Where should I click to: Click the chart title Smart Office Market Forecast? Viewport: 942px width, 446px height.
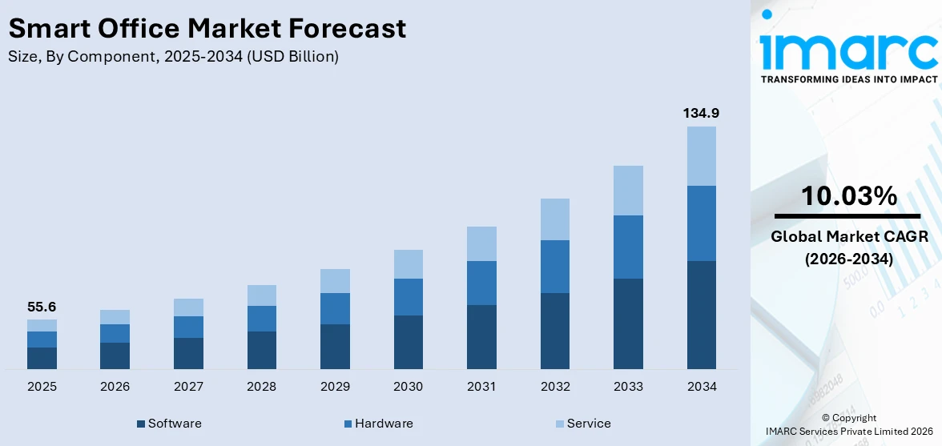(x=207, y=29)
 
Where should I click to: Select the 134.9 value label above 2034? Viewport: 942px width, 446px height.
(x=701, y=114)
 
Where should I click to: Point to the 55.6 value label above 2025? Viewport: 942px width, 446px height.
(x=42, y=307)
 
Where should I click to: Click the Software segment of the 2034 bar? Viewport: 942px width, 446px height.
(x=701, y=315)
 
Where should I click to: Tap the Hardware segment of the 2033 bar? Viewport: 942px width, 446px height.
(x=628, y=247)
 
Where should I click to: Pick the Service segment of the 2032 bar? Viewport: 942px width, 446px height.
(x=555, y=219)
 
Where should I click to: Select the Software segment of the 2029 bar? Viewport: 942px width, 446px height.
(x=335, y=346)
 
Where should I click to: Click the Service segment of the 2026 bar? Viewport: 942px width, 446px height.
(x=115, y=317)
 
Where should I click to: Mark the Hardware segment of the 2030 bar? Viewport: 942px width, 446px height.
(x=408, y=297)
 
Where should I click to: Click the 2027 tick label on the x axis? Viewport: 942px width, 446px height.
(x=188, y=387)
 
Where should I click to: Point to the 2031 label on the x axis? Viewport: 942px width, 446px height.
(x=481, y=387)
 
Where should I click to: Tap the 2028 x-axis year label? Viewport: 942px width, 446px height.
(x=262, y=387)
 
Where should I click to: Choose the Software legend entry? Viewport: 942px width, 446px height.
(x=169, y=424)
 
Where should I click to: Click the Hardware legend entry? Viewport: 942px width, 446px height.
(x=377, y=424)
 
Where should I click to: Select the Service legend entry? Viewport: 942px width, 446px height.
(x=582, y=424)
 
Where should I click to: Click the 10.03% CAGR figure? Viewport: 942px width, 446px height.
(x=848, y=195)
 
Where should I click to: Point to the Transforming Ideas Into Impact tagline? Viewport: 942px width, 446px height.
(x=848, y=79)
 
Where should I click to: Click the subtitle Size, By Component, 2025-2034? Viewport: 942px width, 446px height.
(x=173, y=57)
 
